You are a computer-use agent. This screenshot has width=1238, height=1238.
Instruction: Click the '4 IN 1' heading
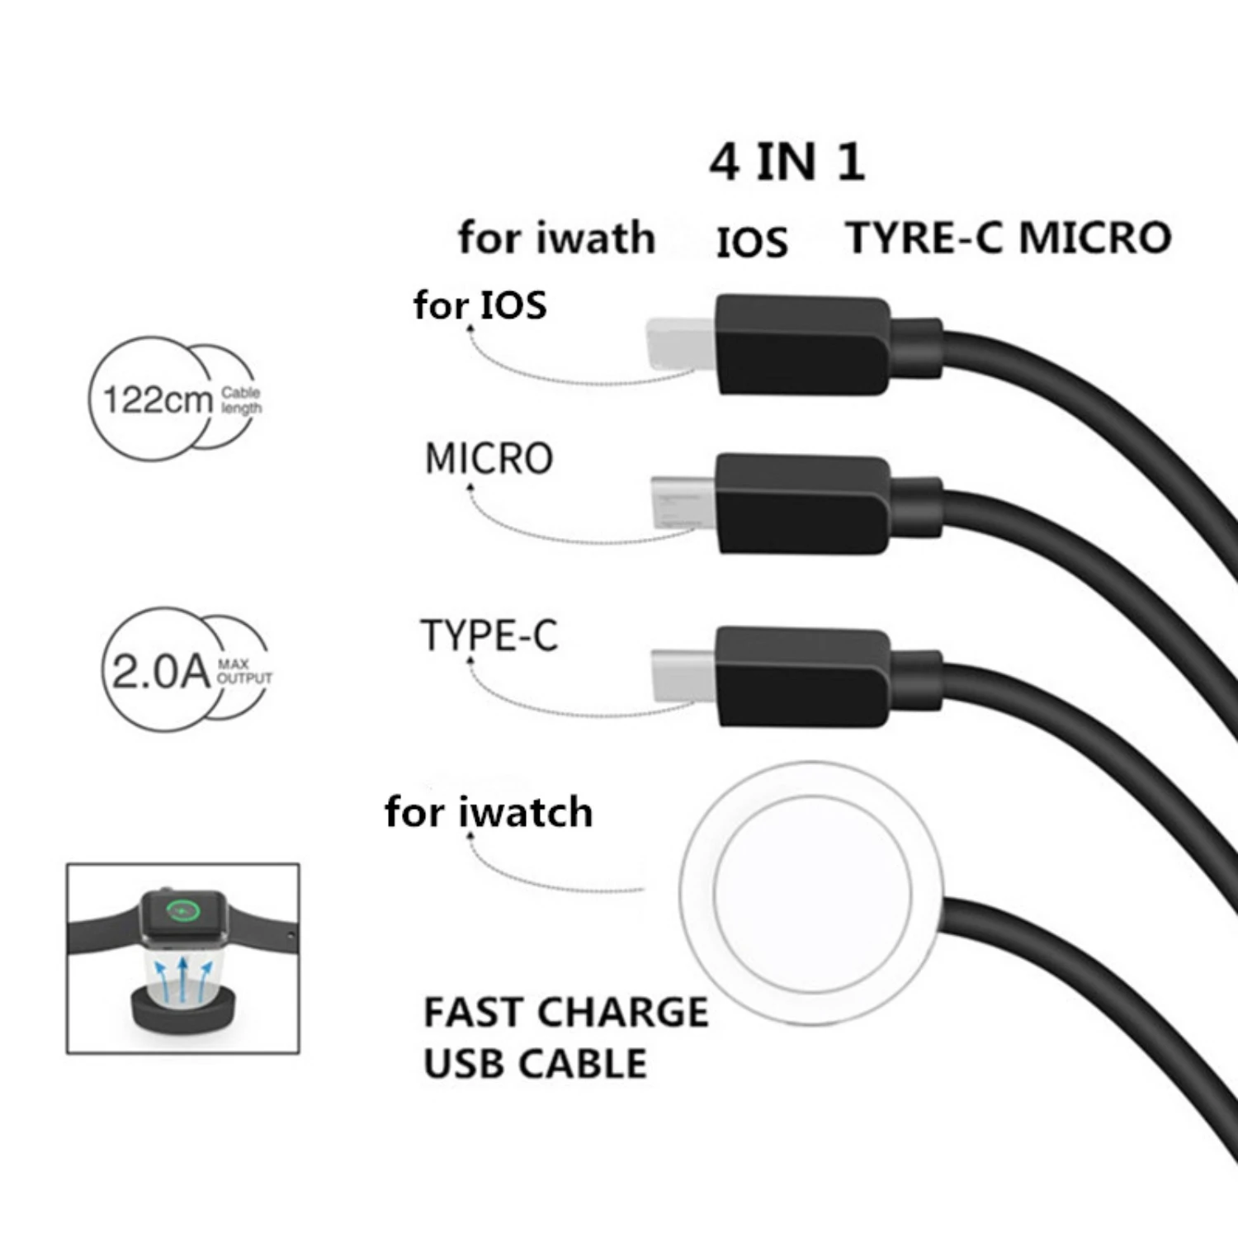(787, 162)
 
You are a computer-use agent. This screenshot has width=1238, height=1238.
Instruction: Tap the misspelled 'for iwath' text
(556, 239)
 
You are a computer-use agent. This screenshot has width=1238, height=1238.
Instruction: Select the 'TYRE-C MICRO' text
(1008, 239)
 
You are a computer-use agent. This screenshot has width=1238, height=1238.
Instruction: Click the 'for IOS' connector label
(480, 305)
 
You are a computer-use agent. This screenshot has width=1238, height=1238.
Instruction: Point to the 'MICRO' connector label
(489, 459)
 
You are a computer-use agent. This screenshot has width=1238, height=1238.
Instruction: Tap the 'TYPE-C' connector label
(489, 636)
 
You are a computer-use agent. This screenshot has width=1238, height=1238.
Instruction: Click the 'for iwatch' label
(489, 812)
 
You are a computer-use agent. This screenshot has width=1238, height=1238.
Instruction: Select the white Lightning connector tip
(680, 344)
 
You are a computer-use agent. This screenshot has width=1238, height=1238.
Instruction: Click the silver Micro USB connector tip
(683, 502)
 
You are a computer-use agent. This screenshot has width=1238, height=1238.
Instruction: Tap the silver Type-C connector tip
(683, 675)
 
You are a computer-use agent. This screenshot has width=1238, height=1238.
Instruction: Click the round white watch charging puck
(811, 892)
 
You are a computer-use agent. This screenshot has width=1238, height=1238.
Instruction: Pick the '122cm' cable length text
(157, 400)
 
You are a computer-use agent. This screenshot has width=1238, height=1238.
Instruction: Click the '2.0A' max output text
(160, 671)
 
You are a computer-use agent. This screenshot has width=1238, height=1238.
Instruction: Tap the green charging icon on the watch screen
(182, 910)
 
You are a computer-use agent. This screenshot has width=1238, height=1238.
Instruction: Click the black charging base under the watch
(183, 1012)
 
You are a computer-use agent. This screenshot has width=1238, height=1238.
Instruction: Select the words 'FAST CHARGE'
(565, 1013)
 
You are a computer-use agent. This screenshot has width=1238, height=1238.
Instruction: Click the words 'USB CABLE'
(535, 1064)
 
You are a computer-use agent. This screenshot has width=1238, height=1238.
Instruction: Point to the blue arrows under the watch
(183, 979)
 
